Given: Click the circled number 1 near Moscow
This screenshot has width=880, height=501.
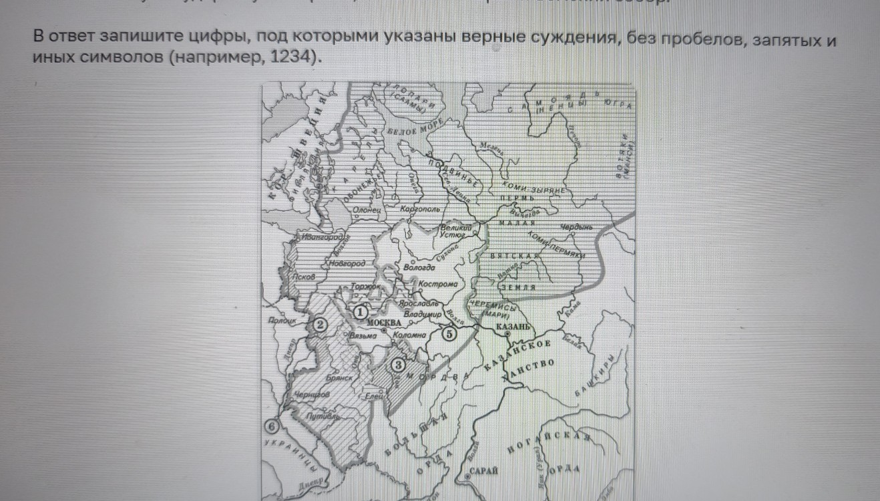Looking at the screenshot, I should (x=361, y=311).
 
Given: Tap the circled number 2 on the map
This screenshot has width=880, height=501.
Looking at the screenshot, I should (x=320, y=325).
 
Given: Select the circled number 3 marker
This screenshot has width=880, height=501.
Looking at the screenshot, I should (x=397, y=365).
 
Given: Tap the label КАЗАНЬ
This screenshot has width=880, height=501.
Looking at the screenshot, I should (x=513, y=327).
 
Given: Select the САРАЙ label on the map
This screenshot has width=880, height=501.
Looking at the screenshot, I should (x=484, y=471).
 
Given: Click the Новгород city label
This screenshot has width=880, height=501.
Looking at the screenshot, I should (x=347, y=264).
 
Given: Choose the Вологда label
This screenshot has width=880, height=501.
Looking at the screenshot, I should (x=419, y=267).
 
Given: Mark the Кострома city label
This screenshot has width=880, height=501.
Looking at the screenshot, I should (x=437, y=285).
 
